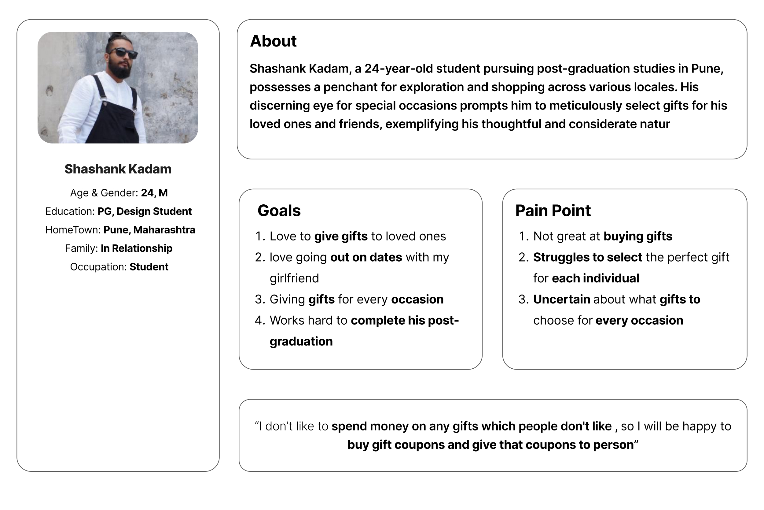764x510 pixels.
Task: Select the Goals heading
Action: tap(279, 211)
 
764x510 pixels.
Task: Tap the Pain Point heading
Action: tap(553, 211)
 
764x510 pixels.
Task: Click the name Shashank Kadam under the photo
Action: tap(118, 169)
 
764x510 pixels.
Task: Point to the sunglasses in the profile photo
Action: tap(123, 53)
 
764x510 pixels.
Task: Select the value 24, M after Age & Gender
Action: tap(154, 193)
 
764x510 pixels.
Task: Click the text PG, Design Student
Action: tap(145, 211)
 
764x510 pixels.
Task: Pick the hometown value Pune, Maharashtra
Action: tap(149, 230)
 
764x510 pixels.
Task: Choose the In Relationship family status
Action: tap(136, 248)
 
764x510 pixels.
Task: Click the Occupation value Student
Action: tap(149, 267)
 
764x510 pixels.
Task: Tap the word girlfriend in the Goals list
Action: tap(294, 278)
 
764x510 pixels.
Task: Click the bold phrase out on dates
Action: tap(366, 257)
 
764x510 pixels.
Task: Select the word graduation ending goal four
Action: tap(301, 341)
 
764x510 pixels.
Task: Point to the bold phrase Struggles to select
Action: tap(588, 257)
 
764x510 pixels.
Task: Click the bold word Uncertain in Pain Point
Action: tap(562, 300)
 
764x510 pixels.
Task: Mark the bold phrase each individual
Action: tap(595, 278)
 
